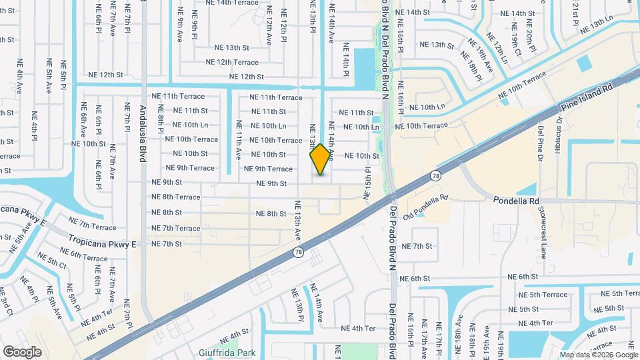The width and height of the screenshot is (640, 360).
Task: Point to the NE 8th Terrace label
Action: [176, 197]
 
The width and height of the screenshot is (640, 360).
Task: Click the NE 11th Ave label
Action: [238, 140]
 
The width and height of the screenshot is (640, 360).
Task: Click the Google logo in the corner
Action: [22, 351]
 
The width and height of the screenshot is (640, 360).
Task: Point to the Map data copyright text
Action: [599, 355]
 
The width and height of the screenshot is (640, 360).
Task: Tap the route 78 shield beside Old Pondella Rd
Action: [435, 175]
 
